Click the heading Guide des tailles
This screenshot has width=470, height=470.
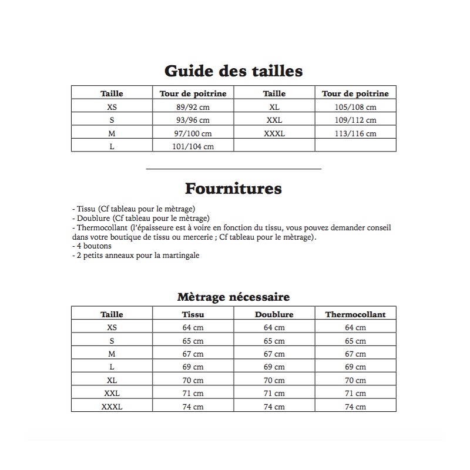(233, 71)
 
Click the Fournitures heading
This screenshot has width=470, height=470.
(233, 189)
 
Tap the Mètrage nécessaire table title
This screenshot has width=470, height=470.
(233, 297)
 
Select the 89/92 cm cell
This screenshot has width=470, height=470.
(193, 107)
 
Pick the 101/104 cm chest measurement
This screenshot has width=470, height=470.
(193, 146)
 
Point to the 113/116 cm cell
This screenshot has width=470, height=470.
(355, 133)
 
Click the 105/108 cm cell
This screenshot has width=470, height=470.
(355, 107)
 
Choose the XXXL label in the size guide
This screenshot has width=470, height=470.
(274, 133)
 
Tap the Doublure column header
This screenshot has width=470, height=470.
(274, 314)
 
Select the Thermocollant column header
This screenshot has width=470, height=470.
(355, 314)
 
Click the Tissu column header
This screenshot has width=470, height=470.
(193, 314)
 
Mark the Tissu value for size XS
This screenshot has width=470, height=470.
(193, 328)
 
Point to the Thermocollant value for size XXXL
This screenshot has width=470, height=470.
(355, 407)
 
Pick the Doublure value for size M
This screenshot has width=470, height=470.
(274, 354)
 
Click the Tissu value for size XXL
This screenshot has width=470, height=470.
(193, 394)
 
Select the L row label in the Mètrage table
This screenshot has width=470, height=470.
(112, 367)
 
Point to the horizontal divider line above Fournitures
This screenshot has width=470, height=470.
(233, 169)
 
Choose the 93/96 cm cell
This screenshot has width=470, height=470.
(193, 120)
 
